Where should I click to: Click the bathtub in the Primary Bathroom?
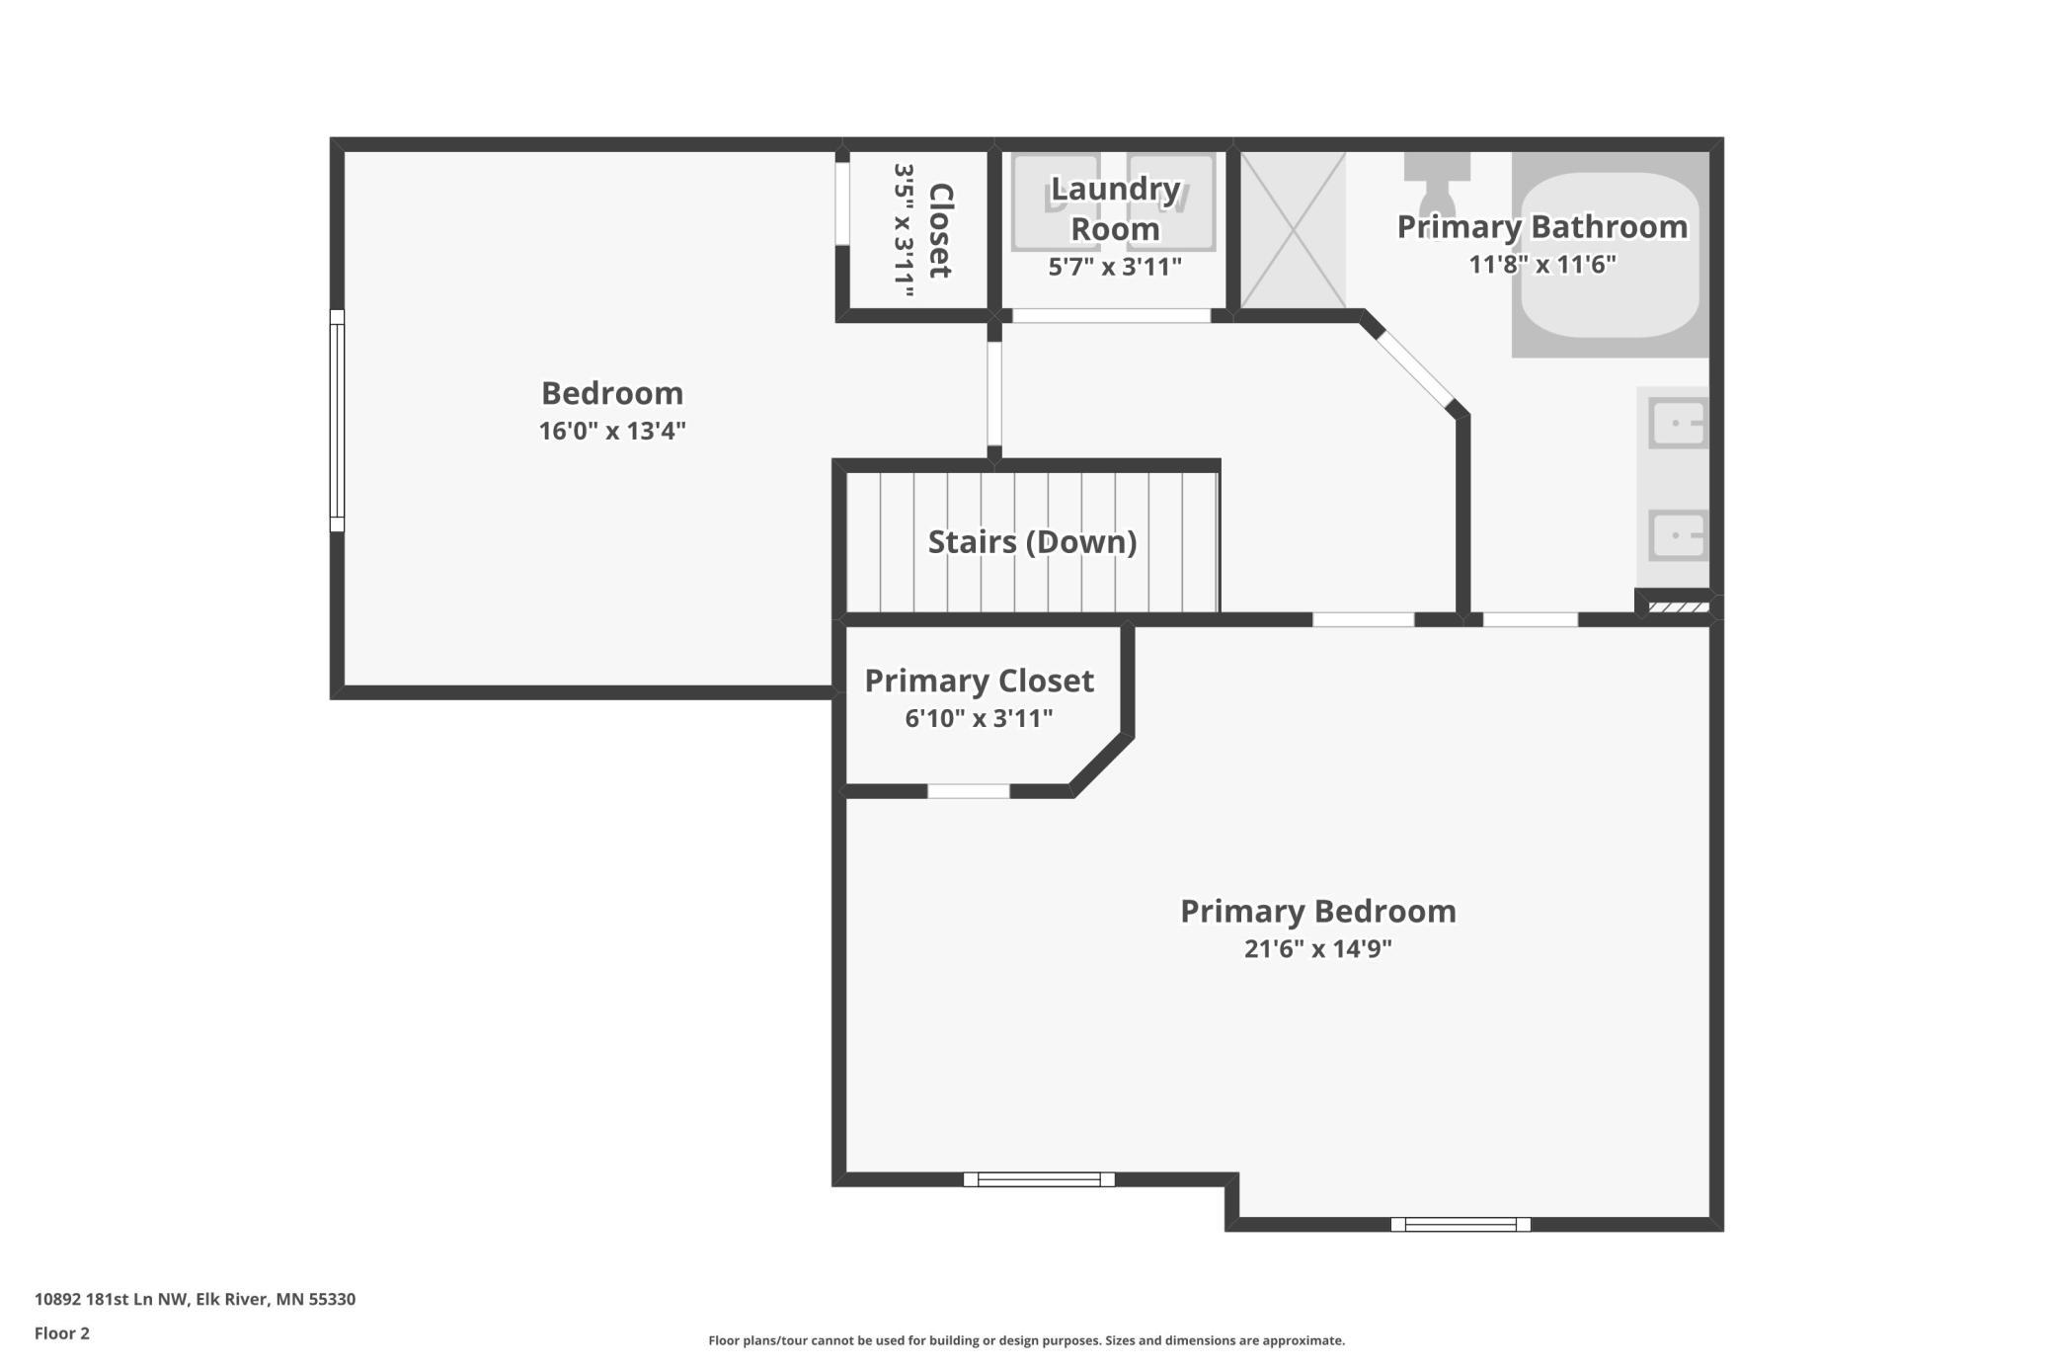[x=1610, y=255]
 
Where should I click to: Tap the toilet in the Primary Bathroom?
[x=1437, y=179]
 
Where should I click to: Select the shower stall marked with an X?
[x=1293, y=229]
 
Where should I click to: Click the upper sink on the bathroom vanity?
[x=1678, y=424]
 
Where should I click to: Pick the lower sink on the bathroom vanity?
[x=1678, y=536]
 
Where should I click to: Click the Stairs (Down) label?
[x=1032, y=542]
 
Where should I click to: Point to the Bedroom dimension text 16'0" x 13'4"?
[x=612, y=431]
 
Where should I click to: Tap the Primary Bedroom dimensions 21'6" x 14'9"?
[x=1318, y=948]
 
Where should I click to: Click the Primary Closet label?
[x=980, y=681]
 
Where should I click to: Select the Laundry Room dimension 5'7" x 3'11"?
[x=1115, y=267]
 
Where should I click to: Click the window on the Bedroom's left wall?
[x=337, y=421]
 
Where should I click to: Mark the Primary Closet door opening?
[x=969, y=791]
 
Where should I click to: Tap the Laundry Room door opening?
[x=1112, y=316]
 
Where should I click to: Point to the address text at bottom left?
[x=195, y=1299]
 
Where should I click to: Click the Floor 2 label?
[x=62, y=1333]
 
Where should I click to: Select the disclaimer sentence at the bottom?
[x=1027, y=1340]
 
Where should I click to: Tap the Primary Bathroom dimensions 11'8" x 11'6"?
[x=1542, y=265]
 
